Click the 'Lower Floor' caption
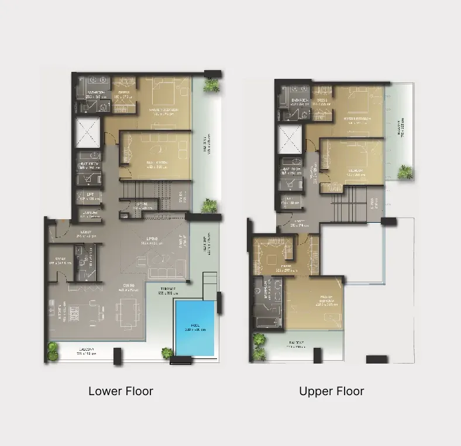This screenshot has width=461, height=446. (121, 391)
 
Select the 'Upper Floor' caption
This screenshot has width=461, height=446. (331, 391)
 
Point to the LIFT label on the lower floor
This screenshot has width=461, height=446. (90, 196)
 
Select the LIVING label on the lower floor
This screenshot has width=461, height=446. (154, 240)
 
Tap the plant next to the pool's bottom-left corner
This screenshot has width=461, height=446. (167, 352)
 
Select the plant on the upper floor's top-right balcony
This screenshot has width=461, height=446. (405, 171)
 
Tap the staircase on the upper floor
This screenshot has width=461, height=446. (345, 206)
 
